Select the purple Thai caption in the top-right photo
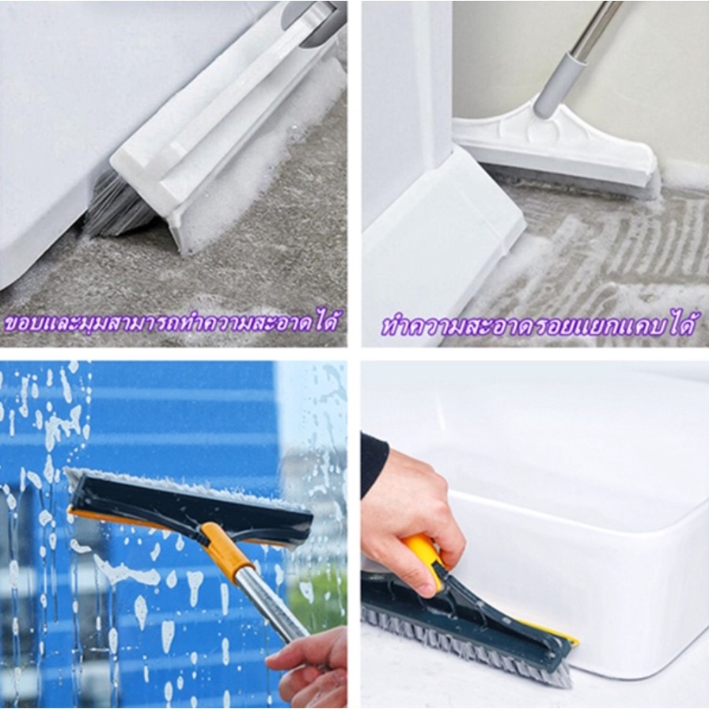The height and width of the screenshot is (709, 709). click(x=537, y=323)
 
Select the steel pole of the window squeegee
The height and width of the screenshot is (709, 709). click(x=271, y=606)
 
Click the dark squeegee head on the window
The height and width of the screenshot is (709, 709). click(x=190, y=509)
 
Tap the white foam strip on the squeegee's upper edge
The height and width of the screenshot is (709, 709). click(x=181, y=485)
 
